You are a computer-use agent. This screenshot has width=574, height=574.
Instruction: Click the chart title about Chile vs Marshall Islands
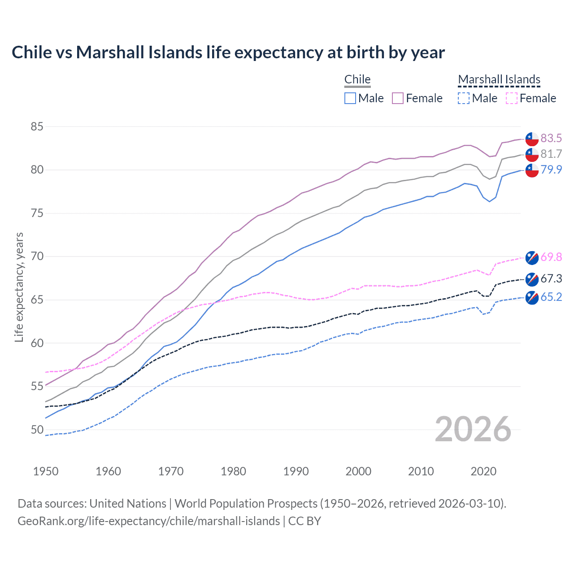pos(228,52)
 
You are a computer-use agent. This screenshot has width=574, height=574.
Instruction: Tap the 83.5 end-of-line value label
pos(551,138)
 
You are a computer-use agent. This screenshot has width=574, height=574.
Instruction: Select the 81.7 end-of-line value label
pos(551,154)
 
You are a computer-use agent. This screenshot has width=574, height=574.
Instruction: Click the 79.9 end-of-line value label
pos(551,170)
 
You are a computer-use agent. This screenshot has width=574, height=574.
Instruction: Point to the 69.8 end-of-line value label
pos(551,257)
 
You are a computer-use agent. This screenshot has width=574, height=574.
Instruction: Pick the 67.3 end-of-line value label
pos(551,278)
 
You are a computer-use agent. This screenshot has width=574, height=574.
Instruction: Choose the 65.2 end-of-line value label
pos(551,297)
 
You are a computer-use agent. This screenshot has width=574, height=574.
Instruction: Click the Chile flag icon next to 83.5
pos(532,139)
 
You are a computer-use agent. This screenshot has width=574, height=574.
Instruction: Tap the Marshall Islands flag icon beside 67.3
pos(532,279)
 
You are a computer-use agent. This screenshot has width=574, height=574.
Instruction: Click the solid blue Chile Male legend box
pos(350,98)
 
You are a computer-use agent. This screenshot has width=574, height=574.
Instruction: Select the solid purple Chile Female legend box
pos(398,98)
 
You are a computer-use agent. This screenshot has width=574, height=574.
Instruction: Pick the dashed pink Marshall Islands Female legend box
pos(512,98)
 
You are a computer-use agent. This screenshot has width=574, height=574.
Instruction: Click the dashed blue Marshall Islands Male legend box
pos(464,98)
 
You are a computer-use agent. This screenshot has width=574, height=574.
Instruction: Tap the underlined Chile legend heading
pos(357,79)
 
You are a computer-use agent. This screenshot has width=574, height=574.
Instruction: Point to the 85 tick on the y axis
pos(37,126)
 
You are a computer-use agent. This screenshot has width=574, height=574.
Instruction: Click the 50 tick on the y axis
pos(37,430)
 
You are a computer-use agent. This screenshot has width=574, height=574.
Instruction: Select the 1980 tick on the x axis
pos(233,471)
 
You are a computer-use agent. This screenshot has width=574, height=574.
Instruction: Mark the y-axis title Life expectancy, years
pos(19,287)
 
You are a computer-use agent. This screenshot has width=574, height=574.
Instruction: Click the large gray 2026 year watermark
pos(473,429)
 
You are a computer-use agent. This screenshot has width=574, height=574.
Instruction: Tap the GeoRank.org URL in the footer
pos(148,521)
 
